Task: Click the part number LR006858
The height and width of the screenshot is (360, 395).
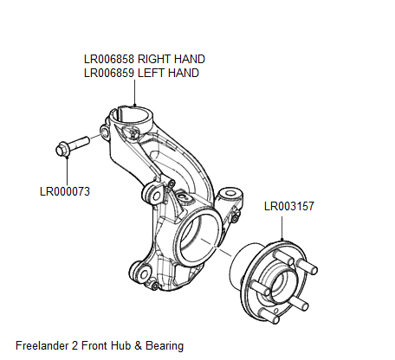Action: (x=109, y=59)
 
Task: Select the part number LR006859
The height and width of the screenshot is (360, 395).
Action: (x=109, y=73)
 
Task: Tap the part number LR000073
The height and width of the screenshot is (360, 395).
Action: (x=65, y=191)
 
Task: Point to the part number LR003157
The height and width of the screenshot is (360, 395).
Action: (x=289, y=206)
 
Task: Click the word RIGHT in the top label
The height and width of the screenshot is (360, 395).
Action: (x=154, y=59)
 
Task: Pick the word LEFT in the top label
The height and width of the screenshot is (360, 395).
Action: (x=150, y=73)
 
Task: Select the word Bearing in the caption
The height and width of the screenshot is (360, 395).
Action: (x=165, y=345)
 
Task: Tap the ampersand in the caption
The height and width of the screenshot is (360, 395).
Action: (x=139, y=345)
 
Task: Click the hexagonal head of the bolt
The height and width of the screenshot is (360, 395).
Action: (x=62, y=151)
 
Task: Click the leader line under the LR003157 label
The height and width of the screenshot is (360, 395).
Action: (x=282, y=228)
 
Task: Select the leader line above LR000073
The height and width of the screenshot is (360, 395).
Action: (x=67, y=170)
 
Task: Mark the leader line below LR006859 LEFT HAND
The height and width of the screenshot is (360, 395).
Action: (x=134, y=93)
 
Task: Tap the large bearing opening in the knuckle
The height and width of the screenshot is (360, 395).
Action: (x=199, y=235)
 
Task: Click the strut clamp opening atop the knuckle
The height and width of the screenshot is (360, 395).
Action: (x=133, y=115)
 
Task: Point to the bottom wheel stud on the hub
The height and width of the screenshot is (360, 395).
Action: (x=269, y=316)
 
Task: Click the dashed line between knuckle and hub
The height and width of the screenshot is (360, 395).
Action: (x=216, y=247)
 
